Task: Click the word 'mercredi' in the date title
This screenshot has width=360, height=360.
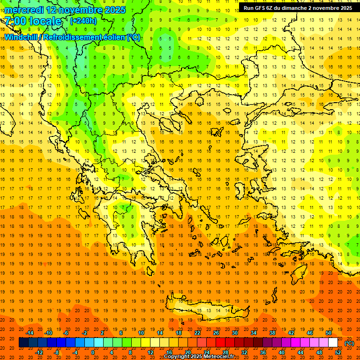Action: click(24, 10)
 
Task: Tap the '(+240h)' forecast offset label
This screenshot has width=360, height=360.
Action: click(83, 21)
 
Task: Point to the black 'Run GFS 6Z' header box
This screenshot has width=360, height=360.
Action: click(298, 8)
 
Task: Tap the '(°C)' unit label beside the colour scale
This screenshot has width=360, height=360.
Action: click(349, 343)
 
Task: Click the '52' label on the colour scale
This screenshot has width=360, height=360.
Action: click(338, 352)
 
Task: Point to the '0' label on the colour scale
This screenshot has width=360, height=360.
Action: click(93, 352)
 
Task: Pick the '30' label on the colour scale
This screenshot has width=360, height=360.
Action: click(234, 333)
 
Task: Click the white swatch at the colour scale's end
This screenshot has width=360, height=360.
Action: click(333, 343)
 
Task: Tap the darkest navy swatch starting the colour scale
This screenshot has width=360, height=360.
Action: click(23, 343)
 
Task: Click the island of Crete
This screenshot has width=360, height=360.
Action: click(211, 310)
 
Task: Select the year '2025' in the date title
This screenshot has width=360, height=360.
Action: click(112, 10)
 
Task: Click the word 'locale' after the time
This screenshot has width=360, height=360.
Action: click(45, 22)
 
